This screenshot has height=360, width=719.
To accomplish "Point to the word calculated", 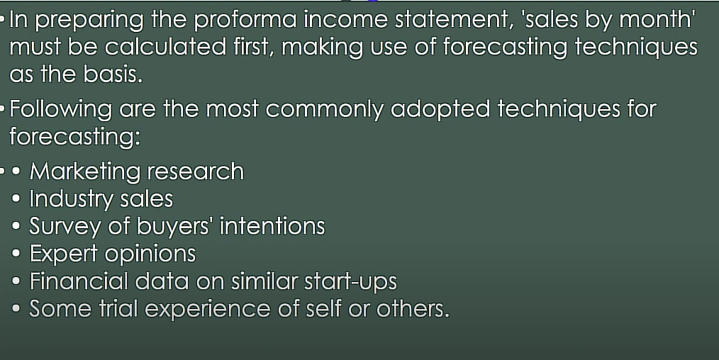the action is click(x=165, y=47).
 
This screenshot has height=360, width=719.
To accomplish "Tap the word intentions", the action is click(x=272, y=226).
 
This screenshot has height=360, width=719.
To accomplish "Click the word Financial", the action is click(x=79, y=281).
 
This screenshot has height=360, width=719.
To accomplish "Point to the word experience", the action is click(x=208, y=310).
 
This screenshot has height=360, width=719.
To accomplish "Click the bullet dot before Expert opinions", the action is click(x=16, y=254).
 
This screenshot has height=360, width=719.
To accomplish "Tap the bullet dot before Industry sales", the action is click(x=16, y=198).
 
